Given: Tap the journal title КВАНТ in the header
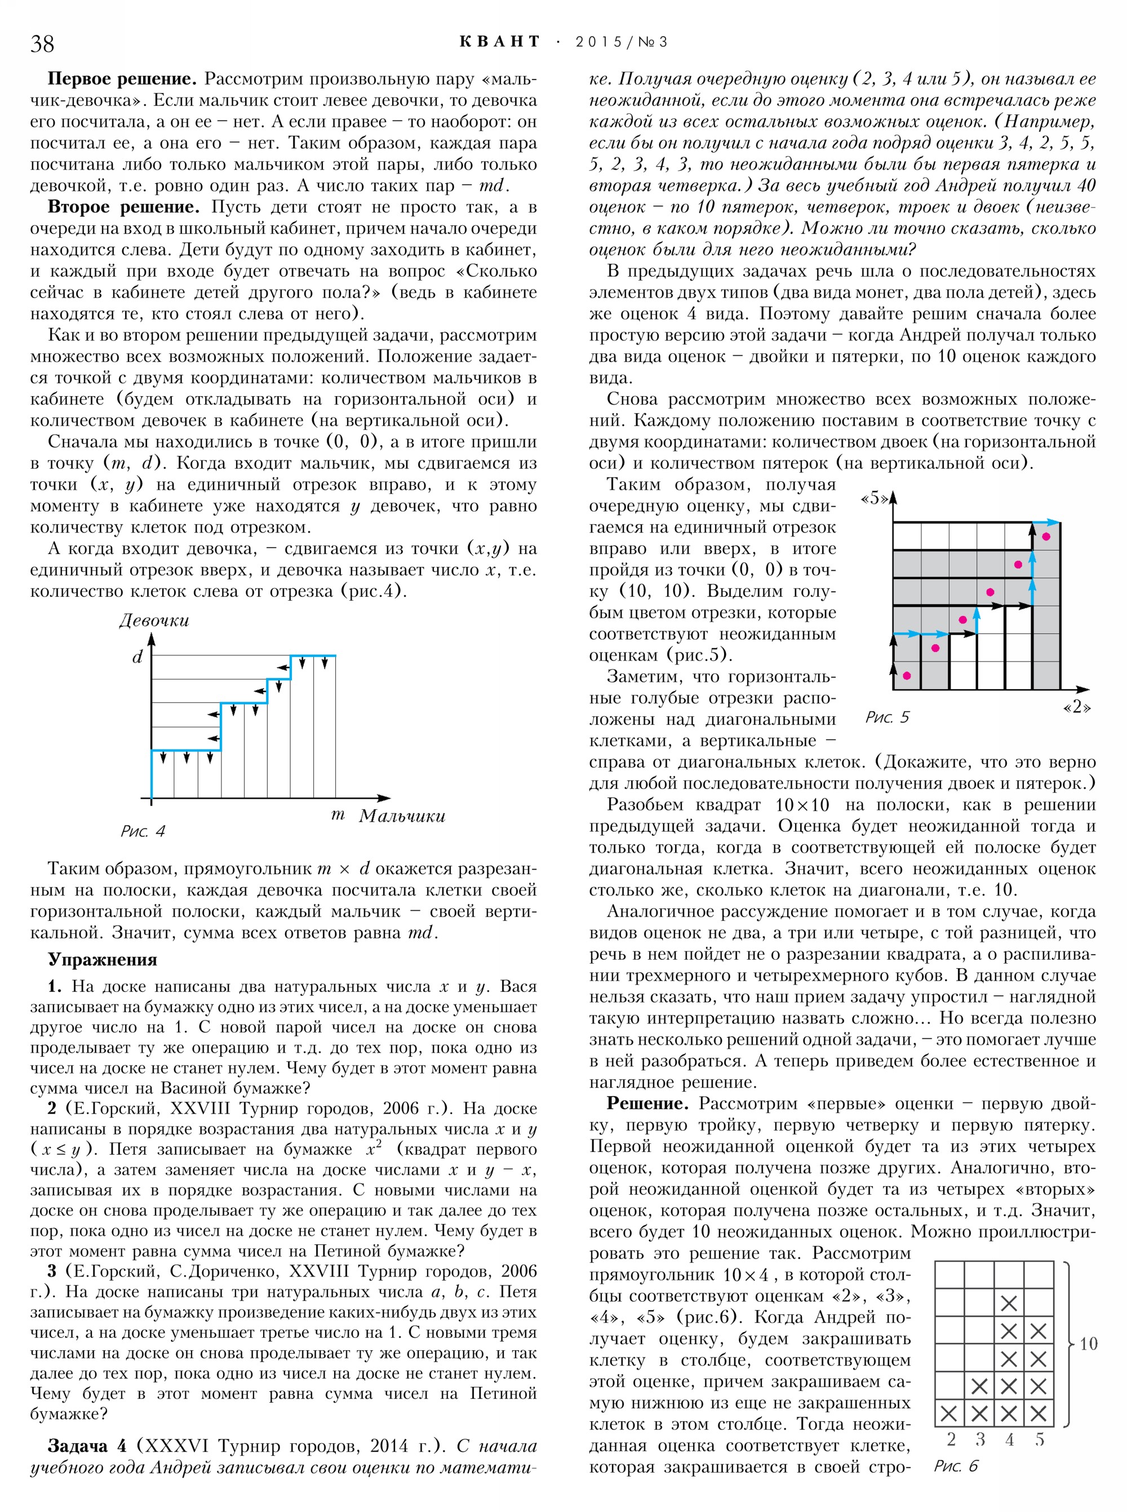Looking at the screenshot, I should pyautogui.click(x=499, y=42).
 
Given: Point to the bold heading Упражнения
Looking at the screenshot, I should pyautogui.click(x=103, y=960).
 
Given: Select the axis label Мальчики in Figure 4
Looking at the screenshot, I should pyautogui.click(x=402, y=816).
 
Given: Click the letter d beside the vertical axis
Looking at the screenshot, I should pyautogui.click(x=137, y=657).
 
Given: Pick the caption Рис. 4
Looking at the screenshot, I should pyautogui.click(x=143, y=831).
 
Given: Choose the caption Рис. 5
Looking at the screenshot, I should pyautogui.click(x=887, y=717).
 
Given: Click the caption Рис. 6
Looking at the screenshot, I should pyautogui.click(x=955, y=1466).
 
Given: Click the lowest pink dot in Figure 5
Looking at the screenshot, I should pyautogui.click(x=907, y=676).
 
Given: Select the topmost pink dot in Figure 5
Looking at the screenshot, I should pyautogui.click(x=1046, y=537).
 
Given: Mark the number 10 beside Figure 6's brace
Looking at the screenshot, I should pyautogui.click(x=1088, y=1343).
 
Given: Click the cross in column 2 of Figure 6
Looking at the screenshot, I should pyautogui.click(x=949, y=1412).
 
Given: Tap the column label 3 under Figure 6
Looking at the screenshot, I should pyautogui.click(x=979, y=1439).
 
